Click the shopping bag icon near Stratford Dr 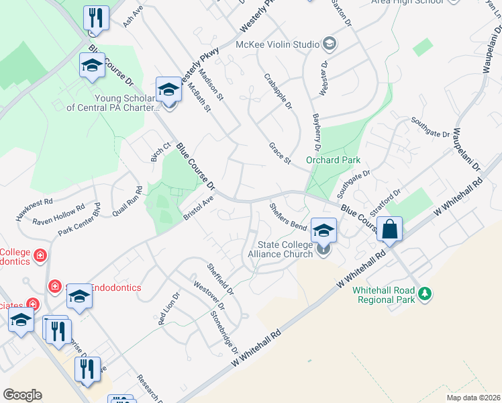(389, 229)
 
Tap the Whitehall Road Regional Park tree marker (424, 294)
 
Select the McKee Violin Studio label (277, 44)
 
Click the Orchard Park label (333, 160)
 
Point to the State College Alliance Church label (281, 249)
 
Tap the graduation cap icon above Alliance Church (323, 230)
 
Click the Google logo (22, 395)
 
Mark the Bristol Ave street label (198, 209)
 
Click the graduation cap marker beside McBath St (169, 89)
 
